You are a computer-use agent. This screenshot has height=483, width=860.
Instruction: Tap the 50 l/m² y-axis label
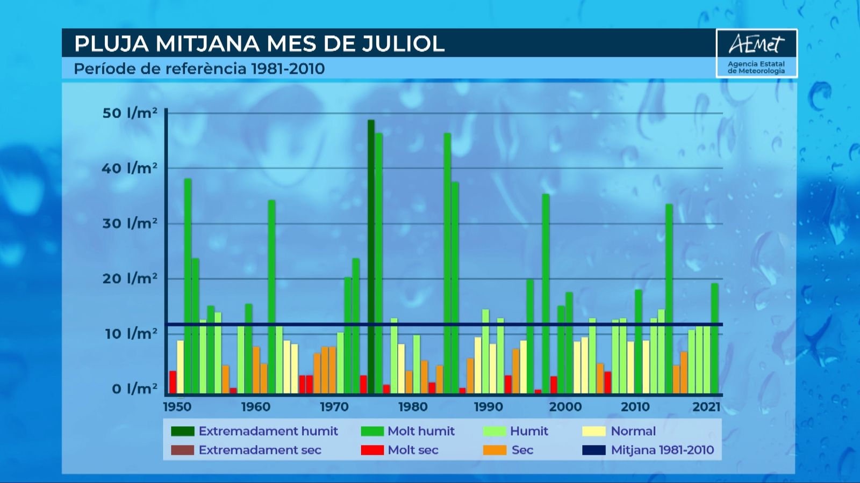(130, 113)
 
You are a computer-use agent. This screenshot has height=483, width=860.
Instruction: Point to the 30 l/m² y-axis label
(130, 223)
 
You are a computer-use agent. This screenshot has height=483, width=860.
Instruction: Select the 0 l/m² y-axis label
(134, 389)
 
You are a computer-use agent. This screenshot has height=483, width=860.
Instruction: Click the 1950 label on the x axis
(177, 407)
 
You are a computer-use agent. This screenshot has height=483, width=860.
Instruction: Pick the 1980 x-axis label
(413, 407)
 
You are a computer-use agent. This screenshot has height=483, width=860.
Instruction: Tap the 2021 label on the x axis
(706, 407)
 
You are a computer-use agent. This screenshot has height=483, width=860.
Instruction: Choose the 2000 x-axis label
(565, 407)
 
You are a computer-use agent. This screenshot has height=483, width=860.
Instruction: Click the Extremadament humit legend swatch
(182, 431)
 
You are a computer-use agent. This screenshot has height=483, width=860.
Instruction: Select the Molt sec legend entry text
(413, 450)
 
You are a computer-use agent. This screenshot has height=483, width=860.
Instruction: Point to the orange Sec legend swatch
(494, 450)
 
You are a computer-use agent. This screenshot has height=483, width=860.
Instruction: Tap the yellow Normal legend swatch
(593, 431)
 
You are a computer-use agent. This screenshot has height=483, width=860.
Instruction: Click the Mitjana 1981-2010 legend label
(662, 450)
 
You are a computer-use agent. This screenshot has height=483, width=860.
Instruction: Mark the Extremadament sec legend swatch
(182, 450)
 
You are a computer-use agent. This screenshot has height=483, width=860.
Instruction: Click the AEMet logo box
(756, 53)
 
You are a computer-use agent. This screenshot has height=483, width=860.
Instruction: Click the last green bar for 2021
(714, 338)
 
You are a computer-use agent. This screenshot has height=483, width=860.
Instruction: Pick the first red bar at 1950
(173, 382)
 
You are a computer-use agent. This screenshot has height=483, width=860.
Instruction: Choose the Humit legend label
(529, 431)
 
